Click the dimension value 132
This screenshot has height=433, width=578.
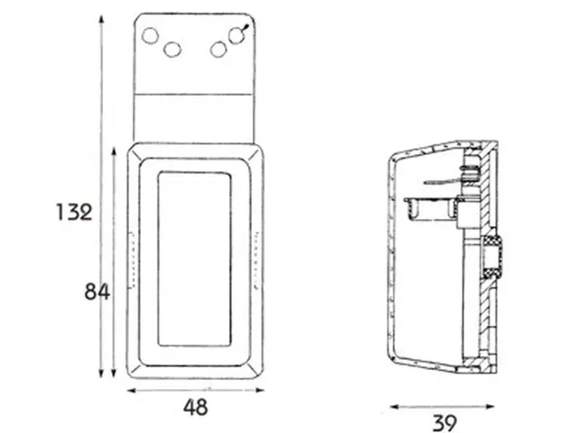coord(74,212)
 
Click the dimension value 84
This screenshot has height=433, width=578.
coord(97,291)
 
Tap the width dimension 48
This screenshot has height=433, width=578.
coord(195,407)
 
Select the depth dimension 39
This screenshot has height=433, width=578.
coord(444,423)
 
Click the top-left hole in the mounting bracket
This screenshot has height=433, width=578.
coord(150,36)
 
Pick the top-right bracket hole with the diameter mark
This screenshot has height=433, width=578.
coord(237,35)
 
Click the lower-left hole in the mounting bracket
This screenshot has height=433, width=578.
coord(172,50)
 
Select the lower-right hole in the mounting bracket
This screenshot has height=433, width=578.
coord(219,50)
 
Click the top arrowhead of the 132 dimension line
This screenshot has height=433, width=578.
coord(101,19)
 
